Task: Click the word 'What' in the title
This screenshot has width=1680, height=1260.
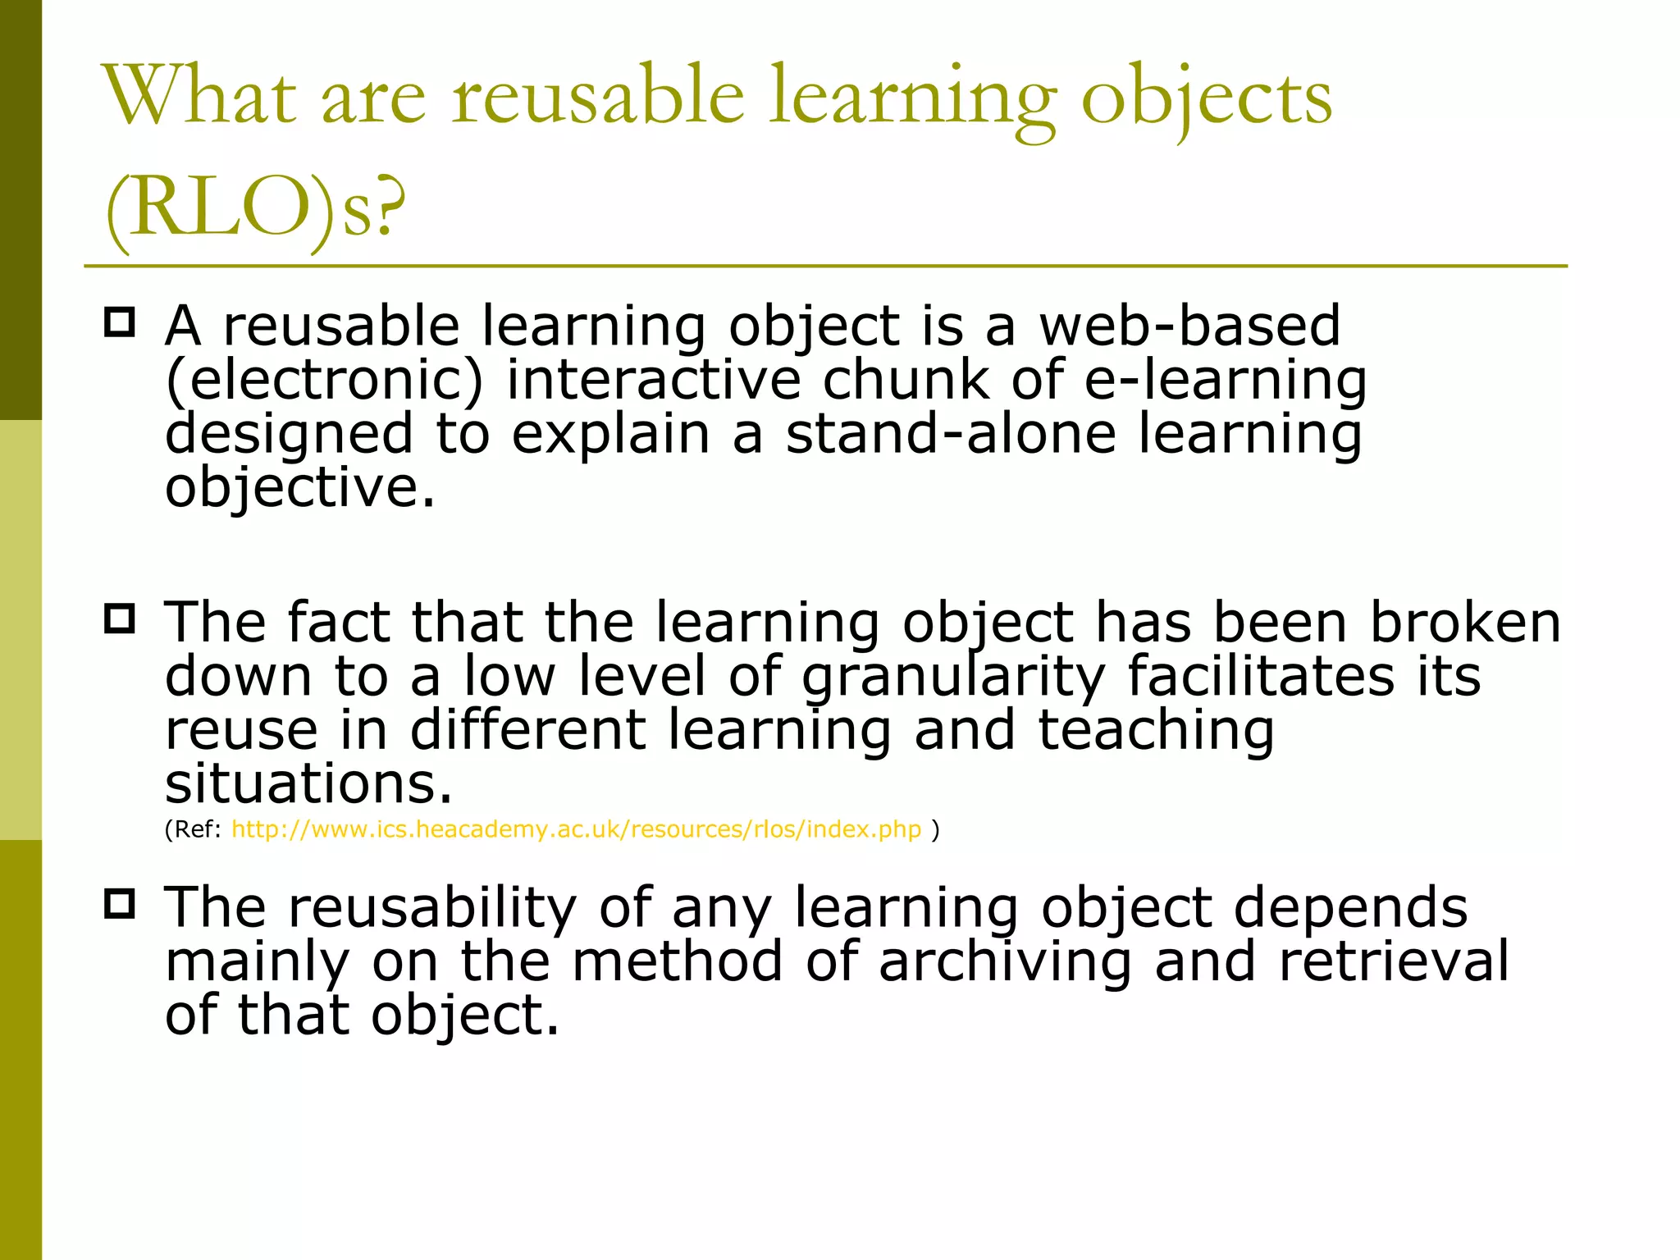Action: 199,96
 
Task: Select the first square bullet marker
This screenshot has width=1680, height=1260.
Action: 120,322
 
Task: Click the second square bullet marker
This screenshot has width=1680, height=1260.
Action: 120,618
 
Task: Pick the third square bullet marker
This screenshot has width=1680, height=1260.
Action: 120,904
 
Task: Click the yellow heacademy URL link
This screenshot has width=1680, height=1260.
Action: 576,829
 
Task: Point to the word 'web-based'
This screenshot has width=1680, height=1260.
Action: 1189,326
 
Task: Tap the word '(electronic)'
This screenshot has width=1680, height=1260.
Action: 325,380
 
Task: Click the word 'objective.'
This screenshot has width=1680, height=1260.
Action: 299,487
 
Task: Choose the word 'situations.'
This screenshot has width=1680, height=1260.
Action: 308,783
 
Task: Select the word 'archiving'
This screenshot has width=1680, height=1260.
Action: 1006,961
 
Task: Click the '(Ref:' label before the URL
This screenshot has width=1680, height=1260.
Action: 194,829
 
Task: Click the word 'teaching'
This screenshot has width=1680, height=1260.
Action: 1156,730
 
